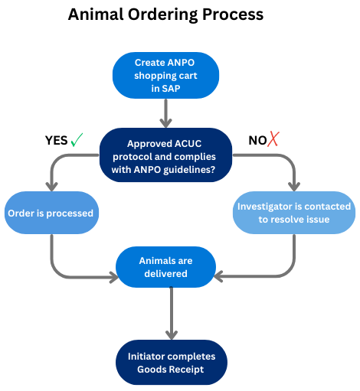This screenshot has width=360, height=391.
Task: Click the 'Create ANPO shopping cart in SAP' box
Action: [x=165, y=76]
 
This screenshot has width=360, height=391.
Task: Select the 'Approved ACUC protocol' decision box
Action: [x=165, y=155]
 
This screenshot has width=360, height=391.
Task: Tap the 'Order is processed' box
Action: [x=51, y=213]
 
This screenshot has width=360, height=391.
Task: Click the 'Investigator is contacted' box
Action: [x=294, y=213]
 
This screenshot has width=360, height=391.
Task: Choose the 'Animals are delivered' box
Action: [x=165, y=267]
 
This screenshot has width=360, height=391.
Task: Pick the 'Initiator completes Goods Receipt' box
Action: [x=172, y=363]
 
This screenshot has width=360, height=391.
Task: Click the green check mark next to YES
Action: [x=77, y=140]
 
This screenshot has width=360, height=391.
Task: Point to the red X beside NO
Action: [x=273, y=139]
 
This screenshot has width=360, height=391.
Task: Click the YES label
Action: [x=57, y=141]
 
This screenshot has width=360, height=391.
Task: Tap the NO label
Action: [x=257, y=141]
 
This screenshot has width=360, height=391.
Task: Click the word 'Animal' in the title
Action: [x=96, y=15]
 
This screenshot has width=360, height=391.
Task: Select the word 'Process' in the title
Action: [x=233, y=15]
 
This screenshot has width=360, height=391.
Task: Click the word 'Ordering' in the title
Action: [x=163, y=15]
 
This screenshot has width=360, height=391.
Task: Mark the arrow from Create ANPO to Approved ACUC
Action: [x=166, y=113]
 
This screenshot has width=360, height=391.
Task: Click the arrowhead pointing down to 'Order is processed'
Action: [x=52, y=187]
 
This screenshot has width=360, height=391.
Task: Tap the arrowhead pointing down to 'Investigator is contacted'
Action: [x=294, y=187]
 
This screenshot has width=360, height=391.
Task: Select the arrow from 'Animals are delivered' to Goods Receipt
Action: [x=172, y=314]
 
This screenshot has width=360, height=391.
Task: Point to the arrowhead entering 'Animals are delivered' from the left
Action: [x=114, y=277]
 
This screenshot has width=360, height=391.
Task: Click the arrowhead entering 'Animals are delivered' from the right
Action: [x=218, y=276]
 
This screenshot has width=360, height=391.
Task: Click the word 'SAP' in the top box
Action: [x=171, y=89]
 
